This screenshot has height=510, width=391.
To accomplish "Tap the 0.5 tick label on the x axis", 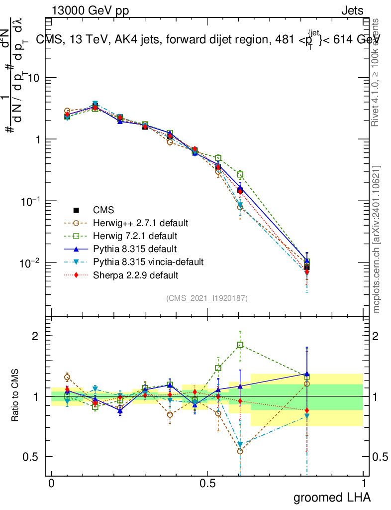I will (207, 483).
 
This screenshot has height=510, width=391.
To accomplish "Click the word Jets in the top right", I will (352, 10).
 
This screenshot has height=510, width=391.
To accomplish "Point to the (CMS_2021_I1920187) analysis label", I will (207, 298).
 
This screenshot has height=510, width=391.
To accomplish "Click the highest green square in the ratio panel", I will (240, 345).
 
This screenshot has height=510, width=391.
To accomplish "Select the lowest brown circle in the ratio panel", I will (240, 451).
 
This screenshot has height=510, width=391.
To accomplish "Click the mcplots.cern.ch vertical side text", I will (377, 239).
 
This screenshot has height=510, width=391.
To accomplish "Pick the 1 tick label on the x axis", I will (364, 483).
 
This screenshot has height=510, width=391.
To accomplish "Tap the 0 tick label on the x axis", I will (51, 483).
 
